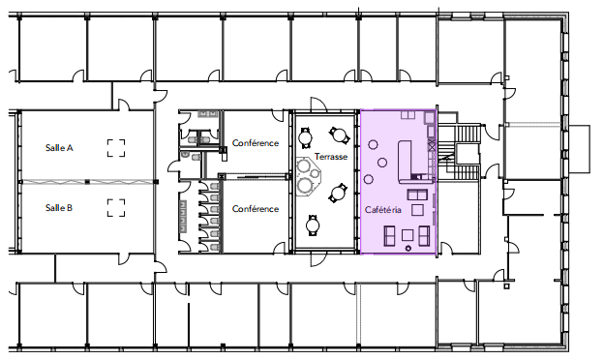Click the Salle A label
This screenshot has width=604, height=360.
coord(59,148)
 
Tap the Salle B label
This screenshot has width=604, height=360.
coord(59,208)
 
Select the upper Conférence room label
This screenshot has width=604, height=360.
coord(256,143)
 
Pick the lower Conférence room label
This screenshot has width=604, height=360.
coord(256,209)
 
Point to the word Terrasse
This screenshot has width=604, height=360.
coord(331,157)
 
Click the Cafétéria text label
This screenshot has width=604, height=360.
coord(383,210)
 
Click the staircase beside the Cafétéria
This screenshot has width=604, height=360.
coord(459,152)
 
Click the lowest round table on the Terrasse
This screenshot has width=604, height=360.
coord(313,225)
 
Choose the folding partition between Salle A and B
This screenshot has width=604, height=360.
coord(87,181)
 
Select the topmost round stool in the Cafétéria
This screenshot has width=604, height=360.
coord(373,145)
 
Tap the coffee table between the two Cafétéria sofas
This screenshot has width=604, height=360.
coord(408,235)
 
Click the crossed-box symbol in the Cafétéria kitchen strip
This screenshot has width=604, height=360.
coord(432,146)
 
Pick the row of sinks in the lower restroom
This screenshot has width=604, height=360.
coord(183,217)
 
